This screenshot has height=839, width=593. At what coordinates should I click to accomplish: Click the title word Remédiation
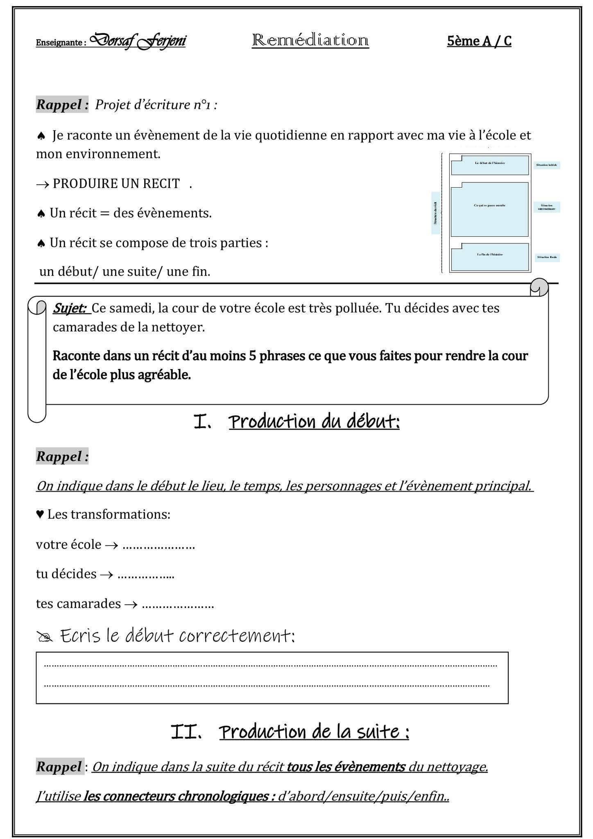(310, 41)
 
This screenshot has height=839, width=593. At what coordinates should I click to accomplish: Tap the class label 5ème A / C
(479, 41)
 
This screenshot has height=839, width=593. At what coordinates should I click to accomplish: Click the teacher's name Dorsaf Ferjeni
(138, 41)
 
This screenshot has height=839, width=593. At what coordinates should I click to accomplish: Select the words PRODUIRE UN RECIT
(116, 184)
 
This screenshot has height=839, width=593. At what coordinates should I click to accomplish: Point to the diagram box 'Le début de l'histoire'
(489, 165)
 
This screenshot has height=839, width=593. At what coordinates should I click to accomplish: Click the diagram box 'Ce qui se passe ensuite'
(489, 209)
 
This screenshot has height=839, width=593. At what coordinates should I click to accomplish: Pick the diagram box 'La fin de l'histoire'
(489, 257)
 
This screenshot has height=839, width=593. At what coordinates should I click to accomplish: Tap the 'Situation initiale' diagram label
(546, 165)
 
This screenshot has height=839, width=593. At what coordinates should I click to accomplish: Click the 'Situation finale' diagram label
(547, 258)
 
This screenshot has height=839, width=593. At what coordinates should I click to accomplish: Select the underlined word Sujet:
(70, 308)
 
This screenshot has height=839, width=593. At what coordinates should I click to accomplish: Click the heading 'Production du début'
(314, 422)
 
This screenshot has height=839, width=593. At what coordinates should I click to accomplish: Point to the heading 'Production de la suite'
(314, 732)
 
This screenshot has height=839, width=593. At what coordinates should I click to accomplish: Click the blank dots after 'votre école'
(158, 546)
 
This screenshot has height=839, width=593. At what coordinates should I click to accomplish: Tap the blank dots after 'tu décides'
(146, 575)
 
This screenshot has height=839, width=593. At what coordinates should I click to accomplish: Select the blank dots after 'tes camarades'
(178, 605)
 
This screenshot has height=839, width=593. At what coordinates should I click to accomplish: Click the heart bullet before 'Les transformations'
(40, 515)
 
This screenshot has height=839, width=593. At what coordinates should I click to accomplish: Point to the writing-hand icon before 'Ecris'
(45, 637)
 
